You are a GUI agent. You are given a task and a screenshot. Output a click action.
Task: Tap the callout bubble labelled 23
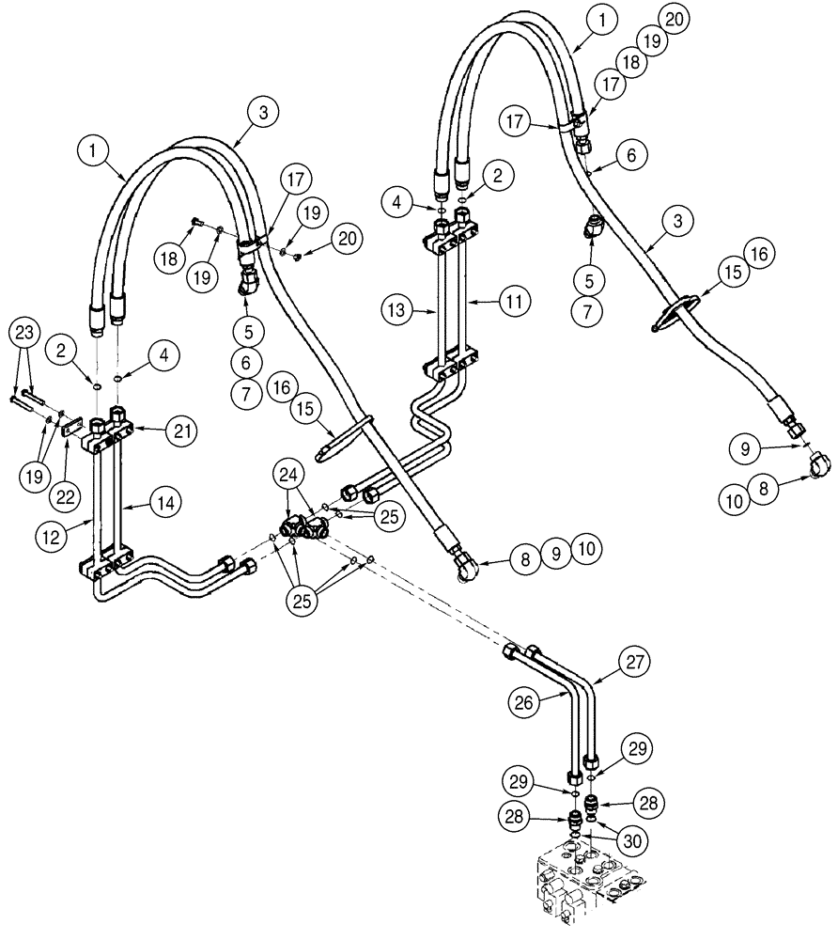[x=26, y=334]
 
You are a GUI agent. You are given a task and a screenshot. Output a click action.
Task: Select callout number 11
[x=512, y=302]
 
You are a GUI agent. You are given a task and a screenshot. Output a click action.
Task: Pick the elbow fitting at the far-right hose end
[x=819, y=463]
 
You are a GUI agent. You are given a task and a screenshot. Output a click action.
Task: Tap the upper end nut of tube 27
[x=534, y=650]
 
